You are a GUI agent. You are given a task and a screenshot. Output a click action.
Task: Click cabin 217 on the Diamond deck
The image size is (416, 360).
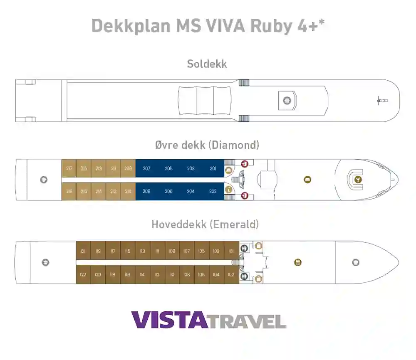coord(69,169)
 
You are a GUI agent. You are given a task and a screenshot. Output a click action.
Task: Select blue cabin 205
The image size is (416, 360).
coord(168,169)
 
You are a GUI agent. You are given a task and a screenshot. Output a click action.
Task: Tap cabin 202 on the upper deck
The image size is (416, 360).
coord(213,192)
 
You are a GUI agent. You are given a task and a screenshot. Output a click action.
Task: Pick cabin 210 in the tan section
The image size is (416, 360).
coord(128,192)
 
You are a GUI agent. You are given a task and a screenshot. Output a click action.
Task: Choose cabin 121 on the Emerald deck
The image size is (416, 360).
coord(83,251)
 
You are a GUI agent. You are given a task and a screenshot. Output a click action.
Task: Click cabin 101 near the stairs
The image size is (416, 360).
coord(231,251)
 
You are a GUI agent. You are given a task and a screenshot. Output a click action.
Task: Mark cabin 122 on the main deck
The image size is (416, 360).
coord(83,274)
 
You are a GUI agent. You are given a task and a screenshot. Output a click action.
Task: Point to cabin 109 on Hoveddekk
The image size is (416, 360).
coord(172,251)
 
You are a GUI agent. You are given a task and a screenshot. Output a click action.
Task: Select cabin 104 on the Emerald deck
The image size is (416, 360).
coord(216,274)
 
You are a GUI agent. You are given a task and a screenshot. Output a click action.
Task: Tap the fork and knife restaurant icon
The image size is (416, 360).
coord(298,262)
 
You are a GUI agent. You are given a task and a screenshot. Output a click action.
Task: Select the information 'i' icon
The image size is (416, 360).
coord(228,190)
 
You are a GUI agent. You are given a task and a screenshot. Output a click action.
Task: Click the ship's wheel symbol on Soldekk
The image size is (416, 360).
coord(287,100)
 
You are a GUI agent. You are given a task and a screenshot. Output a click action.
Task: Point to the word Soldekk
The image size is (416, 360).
coord(207,64)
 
